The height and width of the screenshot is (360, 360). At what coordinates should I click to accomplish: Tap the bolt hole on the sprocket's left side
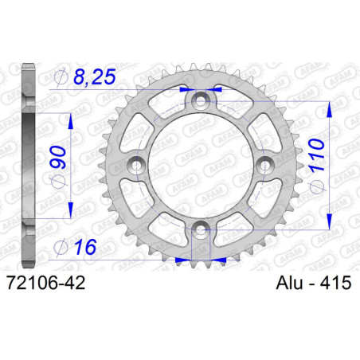point(136,166)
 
